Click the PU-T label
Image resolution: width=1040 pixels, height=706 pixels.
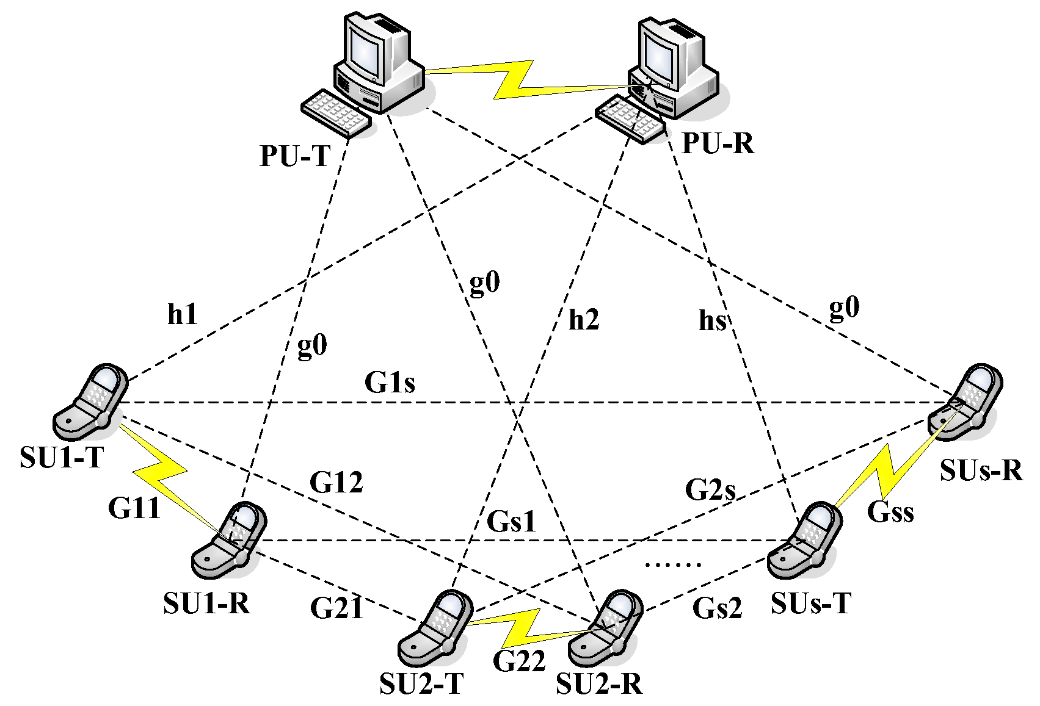point(294,156)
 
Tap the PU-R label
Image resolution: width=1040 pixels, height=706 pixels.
point(718,144)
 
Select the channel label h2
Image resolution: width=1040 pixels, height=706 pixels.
point(584,320)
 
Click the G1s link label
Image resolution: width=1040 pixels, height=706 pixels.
point(390,383)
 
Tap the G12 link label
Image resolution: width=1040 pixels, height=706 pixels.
point(336,483)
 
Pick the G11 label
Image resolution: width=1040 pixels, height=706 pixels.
point(134,508)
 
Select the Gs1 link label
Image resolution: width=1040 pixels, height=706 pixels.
point(512,522)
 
